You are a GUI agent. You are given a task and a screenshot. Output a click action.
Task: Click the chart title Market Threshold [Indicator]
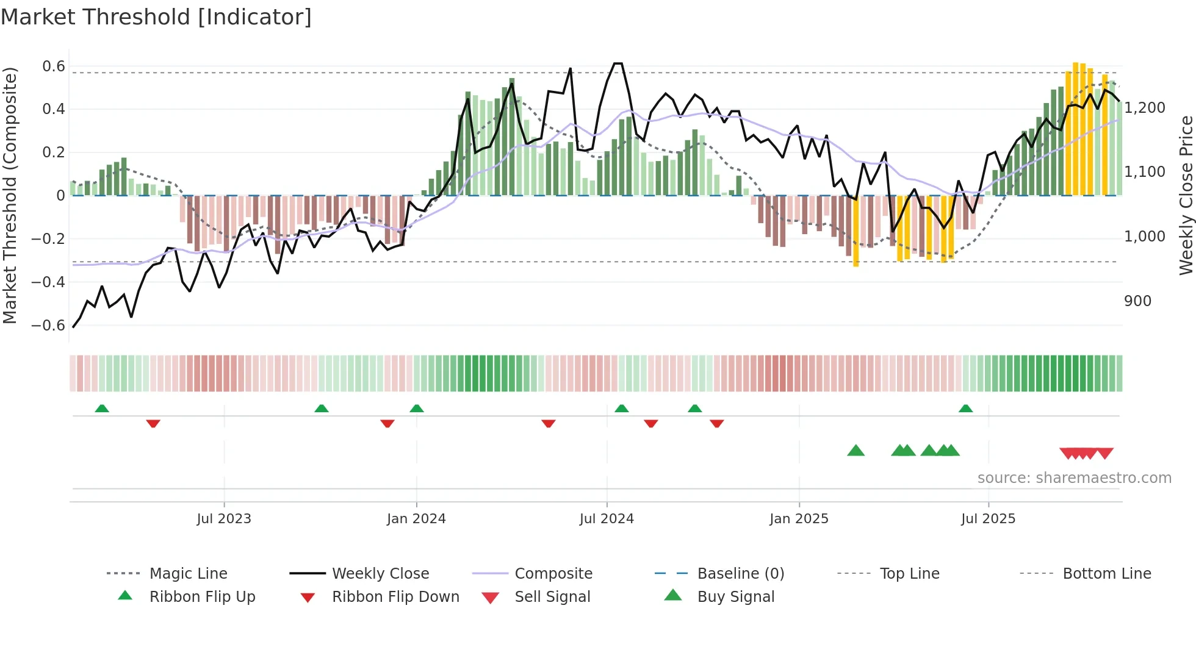(156, 17)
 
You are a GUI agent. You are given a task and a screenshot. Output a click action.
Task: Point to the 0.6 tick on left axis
(53, 66)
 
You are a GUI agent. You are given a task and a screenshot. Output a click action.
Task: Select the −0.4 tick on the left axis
(48, 282)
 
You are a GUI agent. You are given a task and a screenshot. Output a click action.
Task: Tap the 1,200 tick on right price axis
(1145, 108)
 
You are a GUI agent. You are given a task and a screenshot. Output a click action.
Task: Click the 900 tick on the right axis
(1137, 301)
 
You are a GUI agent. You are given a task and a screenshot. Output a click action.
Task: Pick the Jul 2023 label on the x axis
(224, 519)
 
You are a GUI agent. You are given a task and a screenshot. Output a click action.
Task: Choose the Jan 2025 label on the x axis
(799, 519)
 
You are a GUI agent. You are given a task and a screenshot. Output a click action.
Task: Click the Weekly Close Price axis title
(1186, 195)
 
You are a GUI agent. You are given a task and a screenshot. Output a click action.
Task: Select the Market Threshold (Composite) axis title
(10, 195)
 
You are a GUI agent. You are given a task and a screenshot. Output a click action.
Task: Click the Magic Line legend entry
(188, 574)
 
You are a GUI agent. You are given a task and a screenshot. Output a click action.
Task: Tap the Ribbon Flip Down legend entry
(395, 597)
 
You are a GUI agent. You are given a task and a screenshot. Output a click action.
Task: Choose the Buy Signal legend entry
(735, 597)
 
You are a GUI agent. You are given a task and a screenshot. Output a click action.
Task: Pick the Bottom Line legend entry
(1106, 574)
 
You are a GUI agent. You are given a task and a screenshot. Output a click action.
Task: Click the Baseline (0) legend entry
(740, 574)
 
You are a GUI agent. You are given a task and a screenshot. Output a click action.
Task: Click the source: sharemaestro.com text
(1074, 478)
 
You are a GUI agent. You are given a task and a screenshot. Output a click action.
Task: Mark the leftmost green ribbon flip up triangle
(102, 409)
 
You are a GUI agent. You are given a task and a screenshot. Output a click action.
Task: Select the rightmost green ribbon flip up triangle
(965, 409)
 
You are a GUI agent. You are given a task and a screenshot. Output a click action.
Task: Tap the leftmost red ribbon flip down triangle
(153, 423)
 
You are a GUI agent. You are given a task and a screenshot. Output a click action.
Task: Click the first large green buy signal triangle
(856, 451)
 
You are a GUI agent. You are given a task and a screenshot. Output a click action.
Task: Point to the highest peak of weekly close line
(618, 63)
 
